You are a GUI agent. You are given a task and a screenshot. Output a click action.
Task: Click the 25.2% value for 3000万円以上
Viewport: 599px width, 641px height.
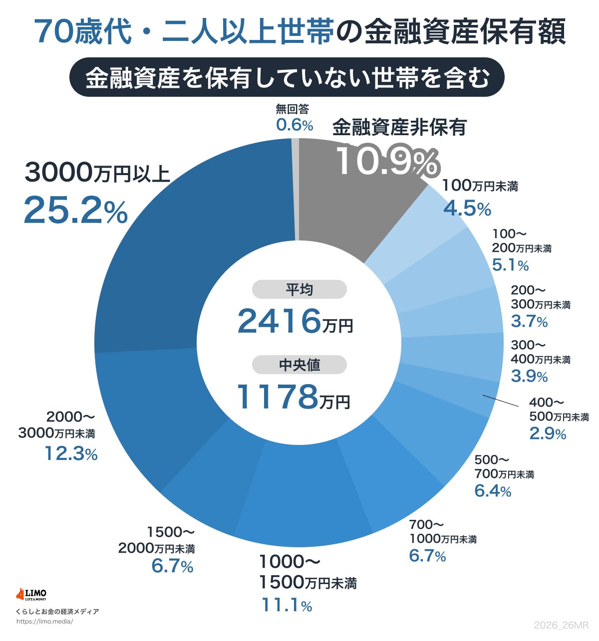coord(75,210)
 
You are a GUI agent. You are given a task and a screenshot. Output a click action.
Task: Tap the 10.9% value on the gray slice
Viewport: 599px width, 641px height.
coord(387,161)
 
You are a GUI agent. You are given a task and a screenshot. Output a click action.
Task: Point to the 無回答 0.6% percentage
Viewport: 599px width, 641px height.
coord(295,125)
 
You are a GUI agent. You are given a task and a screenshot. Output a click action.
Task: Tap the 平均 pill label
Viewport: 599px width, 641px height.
coord(299,289)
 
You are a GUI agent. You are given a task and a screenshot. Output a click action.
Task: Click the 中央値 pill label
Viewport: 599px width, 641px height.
coord(299,365)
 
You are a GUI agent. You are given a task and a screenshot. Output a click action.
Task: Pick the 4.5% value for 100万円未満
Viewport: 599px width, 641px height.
coord(467,209)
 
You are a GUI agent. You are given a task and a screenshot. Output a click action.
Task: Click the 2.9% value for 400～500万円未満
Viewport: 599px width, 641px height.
coord(548,433)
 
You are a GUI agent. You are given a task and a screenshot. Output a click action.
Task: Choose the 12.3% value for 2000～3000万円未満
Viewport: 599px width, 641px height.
coord(71,453)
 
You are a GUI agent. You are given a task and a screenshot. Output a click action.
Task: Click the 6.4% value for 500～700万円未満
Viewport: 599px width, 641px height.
coord(493,491)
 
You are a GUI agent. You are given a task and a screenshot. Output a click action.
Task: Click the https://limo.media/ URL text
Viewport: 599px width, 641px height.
coord(44,622)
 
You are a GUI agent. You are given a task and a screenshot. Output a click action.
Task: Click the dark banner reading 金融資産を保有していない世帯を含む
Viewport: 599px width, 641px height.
coord(287,78)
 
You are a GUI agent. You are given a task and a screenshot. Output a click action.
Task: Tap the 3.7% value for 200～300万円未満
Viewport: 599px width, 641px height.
coord(529,321)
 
